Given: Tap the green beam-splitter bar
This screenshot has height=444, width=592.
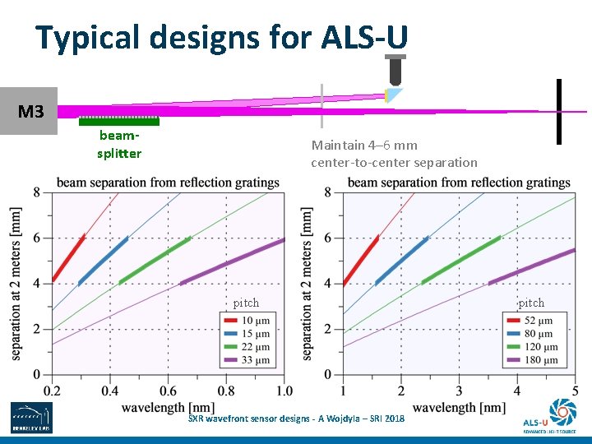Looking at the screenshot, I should click(119, 123).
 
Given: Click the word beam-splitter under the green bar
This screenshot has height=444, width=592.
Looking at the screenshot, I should click(119, 146).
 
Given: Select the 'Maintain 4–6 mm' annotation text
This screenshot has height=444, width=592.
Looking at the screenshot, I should click(364, 146).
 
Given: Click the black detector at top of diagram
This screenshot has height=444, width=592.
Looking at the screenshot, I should click(395, 71).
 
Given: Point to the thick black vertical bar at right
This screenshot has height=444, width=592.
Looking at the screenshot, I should click(559, 111).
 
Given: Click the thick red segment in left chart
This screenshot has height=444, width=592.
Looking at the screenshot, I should click(69, 257).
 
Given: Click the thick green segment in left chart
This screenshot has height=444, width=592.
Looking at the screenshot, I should click(155, 260).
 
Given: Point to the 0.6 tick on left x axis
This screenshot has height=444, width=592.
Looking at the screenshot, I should click(168, 390).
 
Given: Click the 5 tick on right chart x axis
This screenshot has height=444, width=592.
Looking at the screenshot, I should click(575, 390).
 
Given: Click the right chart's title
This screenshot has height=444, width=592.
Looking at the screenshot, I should click(458, 182).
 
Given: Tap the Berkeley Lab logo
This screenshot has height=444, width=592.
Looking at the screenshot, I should click(30, 418).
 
